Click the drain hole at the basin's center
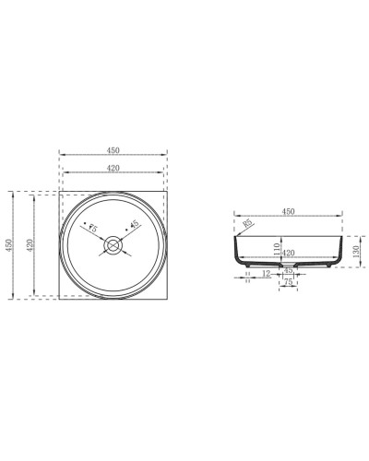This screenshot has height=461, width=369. (113, 244)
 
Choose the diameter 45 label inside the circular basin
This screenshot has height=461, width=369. (134, 224)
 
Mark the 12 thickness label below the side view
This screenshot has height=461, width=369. (266, 274)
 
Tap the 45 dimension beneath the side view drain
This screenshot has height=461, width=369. (288, 272)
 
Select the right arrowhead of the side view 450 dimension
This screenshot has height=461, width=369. (341, 217)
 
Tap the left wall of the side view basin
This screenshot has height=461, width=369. (236, 251)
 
